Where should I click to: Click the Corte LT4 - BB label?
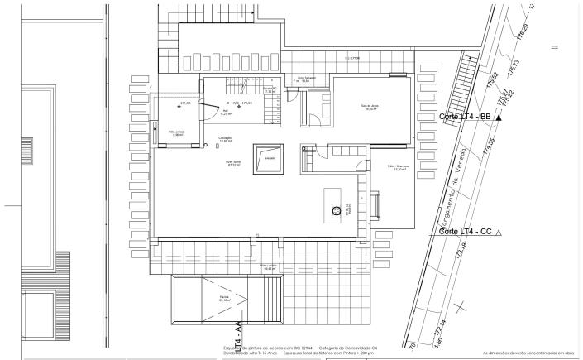point(466,118)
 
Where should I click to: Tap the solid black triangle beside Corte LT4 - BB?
point(499,118)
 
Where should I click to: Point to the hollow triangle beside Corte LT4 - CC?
point(499,232)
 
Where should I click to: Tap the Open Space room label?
point(234,163)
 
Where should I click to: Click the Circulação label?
point(225,139)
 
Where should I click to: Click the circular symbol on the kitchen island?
point(337,210)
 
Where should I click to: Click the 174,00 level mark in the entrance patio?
point(185,103)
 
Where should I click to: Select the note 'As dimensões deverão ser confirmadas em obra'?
point(528,352)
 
